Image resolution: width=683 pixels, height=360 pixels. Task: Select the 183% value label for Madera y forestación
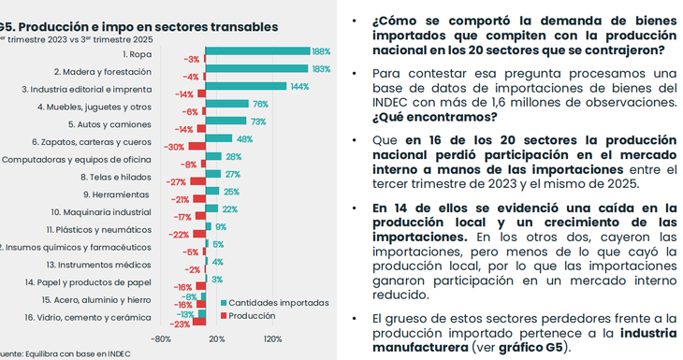pyautogui.click(x=321, y=68)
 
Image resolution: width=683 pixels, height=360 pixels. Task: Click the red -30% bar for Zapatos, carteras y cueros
pyautogui.click(x=196, y=147)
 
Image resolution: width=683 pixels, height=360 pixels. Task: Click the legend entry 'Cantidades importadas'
pyautogui.click(x=280, y=303)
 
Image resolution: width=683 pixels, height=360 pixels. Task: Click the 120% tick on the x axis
pyautogui.click(x=272, y=339)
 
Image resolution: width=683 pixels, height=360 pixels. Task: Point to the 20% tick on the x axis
pyautogui.click(x=216, y=339)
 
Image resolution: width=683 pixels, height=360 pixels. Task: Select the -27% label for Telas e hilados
pyautogui.click(x=176, y=182)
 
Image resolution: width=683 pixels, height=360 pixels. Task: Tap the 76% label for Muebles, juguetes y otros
pyautogui.click(x=260, y=105)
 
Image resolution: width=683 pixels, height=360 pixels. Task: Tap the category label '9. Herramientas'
pyautogui.click(x=116, y=194)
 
